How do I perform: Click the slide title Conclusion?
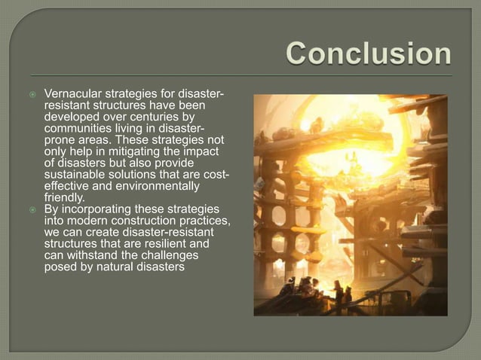(369, 54)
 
